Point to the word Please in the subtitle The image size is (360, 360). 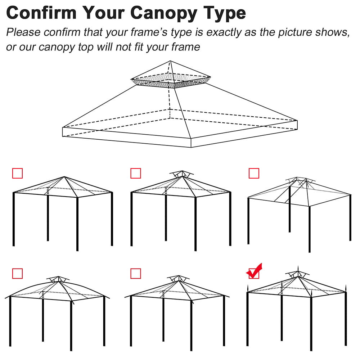(x=23, y=32)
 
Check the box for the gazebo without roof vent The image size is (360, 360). (x=17, y=173)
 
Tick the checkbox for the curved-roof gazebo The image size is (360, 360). (x=17, y=274)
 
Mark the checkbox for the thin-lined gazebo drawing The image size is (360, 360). (x=254, y=173)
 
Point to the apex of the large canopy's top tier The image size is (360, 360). (x=171, y=61)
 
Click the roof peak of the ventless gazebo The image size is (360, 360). (x=64, y=177)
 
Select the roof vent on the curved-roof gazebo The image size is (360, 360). (x=58, y=279)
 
